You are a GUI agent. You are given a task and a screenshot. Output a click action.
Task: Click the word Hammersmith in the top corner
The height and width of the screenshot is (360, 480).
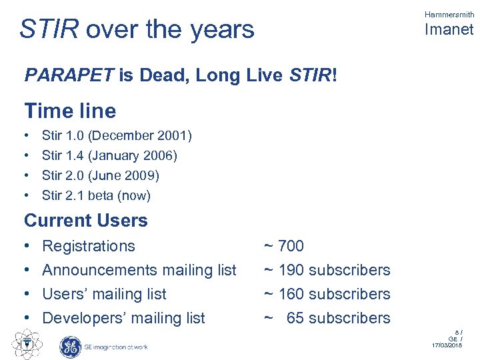(x=449, y=14)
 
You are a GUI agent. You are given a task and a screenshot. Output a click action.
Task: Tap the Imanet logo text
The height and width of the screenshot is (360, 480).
(x=449, y=29)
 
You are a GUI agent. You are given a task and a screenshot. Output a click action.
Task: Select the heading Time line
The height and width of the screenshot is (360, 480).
(x=70, y=111)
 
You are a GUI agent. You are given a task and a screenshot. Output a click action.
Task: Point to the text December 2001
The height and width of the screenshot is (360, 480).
(x=140, y=136)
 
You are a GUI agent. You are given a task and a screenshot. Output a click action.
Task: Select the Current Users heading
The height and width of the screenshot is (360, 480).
(x=86, y=221)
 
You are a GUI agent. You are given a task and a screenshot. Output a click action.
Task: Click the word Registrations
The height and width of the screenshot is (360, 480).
(x=89, y=246)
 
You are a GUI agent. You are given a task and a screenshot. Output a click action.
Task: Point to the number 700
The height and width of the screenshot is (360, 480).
(x=291, y=246)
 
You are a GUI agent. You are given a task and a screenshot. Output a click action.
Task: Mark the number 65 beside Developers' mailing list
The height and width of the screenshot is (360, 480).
(x=295, y=318)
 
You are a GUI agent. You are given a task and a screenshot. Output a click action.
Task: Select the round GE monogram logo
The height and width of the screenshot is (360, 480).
(x=70, y=346)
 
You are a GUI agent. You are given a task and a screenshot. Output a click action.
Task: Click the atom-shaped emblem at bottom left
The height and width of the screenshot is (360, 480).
(x=25, y=344)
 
